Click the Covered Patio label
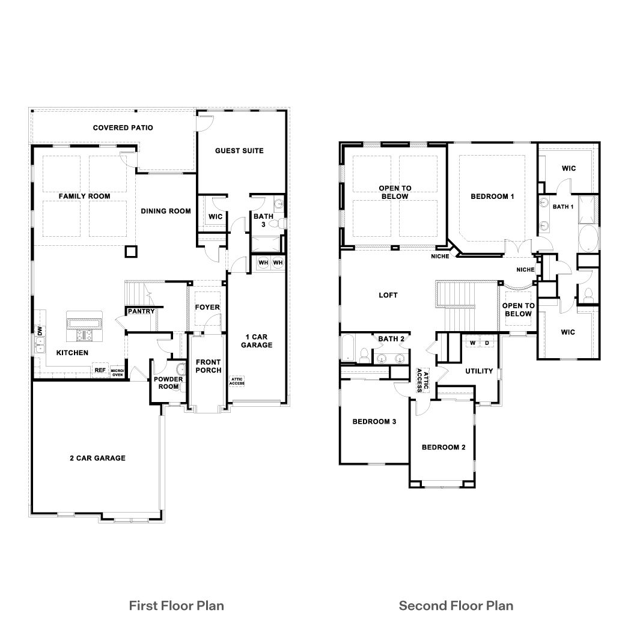(123, 127)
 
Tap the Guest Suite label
(239, 150)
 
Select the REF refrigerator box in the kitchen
(100, 371)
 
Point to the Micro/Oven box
(117, 372)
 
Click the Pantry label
(141, 311)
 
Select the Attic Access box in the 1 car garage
(236, 381)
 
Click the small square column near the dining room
(131, 252)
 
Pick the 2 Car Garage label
(97, 458)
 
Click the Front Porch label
(207, 366)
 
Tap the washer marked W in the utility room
(472, 343)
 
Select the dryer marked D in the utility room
(487, 343)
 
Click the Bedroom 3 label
(374, 421)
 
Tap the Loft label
(388, 295)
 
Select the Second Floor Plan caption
(456, 605)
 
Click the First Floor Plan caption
(177, 605)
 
